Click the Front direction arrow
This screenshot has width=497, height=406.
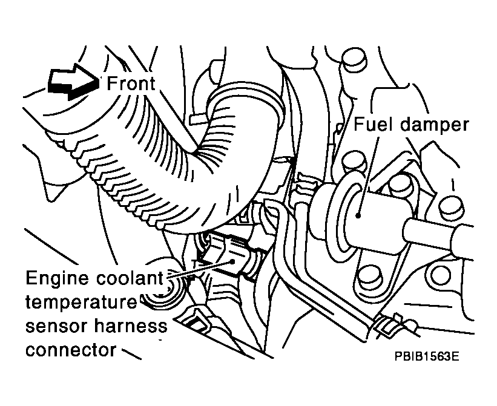click(x=73, y=82)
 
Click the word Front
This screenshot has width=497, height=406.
click(x=131, y=83)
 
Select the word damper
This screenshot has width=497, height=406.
click(x=433, y=125)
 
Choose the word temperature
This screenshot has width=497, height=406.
click(x=81, y=303)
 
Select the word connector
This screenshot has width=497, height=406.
click(x=71, y=350)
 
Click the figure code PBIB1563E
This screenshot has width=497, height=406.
click(x=427, y=356)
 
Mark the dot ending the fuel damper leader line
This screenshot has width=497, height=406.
click(x=358, y=216)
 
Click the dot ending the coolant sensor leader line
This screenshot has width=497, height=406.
click(x=233, y=261)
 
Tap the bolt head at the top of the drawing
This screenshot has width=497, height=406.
click(x=354, y=59)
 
